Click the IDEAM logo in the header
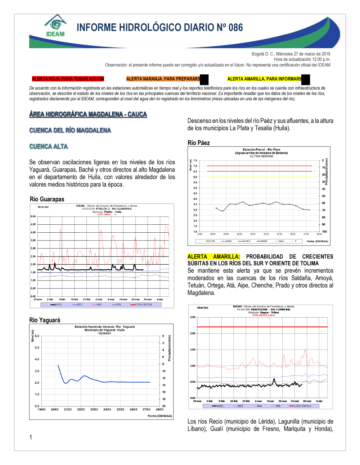pyautogui.click(x=55, y=26)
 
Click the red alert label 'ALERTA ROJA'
pyautogui.click(x=68, y=79)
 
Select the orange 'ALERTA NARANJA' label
pyautogui.click(x=163, y=79)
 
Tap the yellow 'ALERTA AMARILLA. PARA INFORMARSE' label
pyautogui.click(x=265, y=79)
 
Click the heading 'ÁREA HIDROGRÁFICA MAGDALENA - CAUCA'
pyautogui.click(x=88, y=114)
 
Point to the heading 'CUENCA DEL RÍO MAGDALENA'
pyautogui.click(x=70, y=130)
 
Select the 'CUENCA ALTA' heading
pyautogui.click(x=49, y=146)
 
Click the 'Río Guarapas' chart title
pyautogui.click(x=47, y=199)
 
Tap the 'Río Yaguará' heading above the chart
pyautogui.click(x=45, y=320)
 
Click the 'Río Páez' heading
pyautogui.click(x=199, y=143)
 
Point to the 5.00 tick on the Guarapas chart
pyautogui.click(x=33, y=216)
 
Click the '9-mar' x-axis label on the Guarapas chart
pyautogui.click(x=111, y=299)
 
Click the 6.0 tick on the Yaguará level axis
pyautogui.click(x=37, y=336)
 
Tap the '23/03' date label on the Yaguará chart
pyautogui.click(x=94, y=409)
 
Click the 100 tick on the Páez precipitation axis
pyautogui.click(x=324, y=232)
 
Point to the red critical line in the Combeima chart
pyautogui.click(x=262, y=327)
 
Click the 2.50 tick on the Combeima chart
pyautogui.click(x=193, y=317)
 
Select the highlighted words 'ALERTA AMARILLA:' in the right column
pyautogui.click(x=213, y=256)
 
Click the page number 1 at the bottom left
pyautogui.click(x=31, y=437)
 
